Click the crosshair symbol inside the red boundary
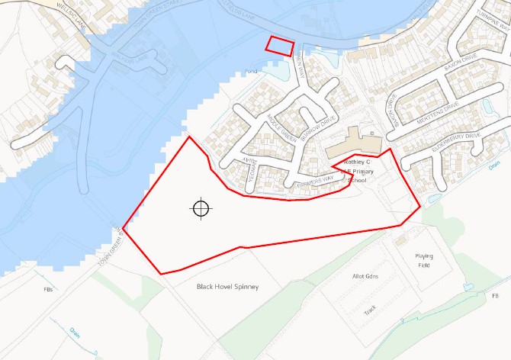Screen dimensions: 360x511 coord(201,207)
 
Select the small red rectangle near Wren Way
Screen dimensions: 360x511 coord(279,45)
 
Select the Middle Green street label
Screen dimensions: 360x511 coord(281,128)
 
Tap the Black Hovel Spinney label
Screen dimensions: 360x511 coord(227,287)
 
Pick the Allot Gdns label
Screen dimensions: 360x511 coord(365,275)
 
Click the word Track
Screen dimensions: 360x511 coord(370,310)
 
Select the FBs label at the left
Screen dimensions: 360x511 coord(49,290)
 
